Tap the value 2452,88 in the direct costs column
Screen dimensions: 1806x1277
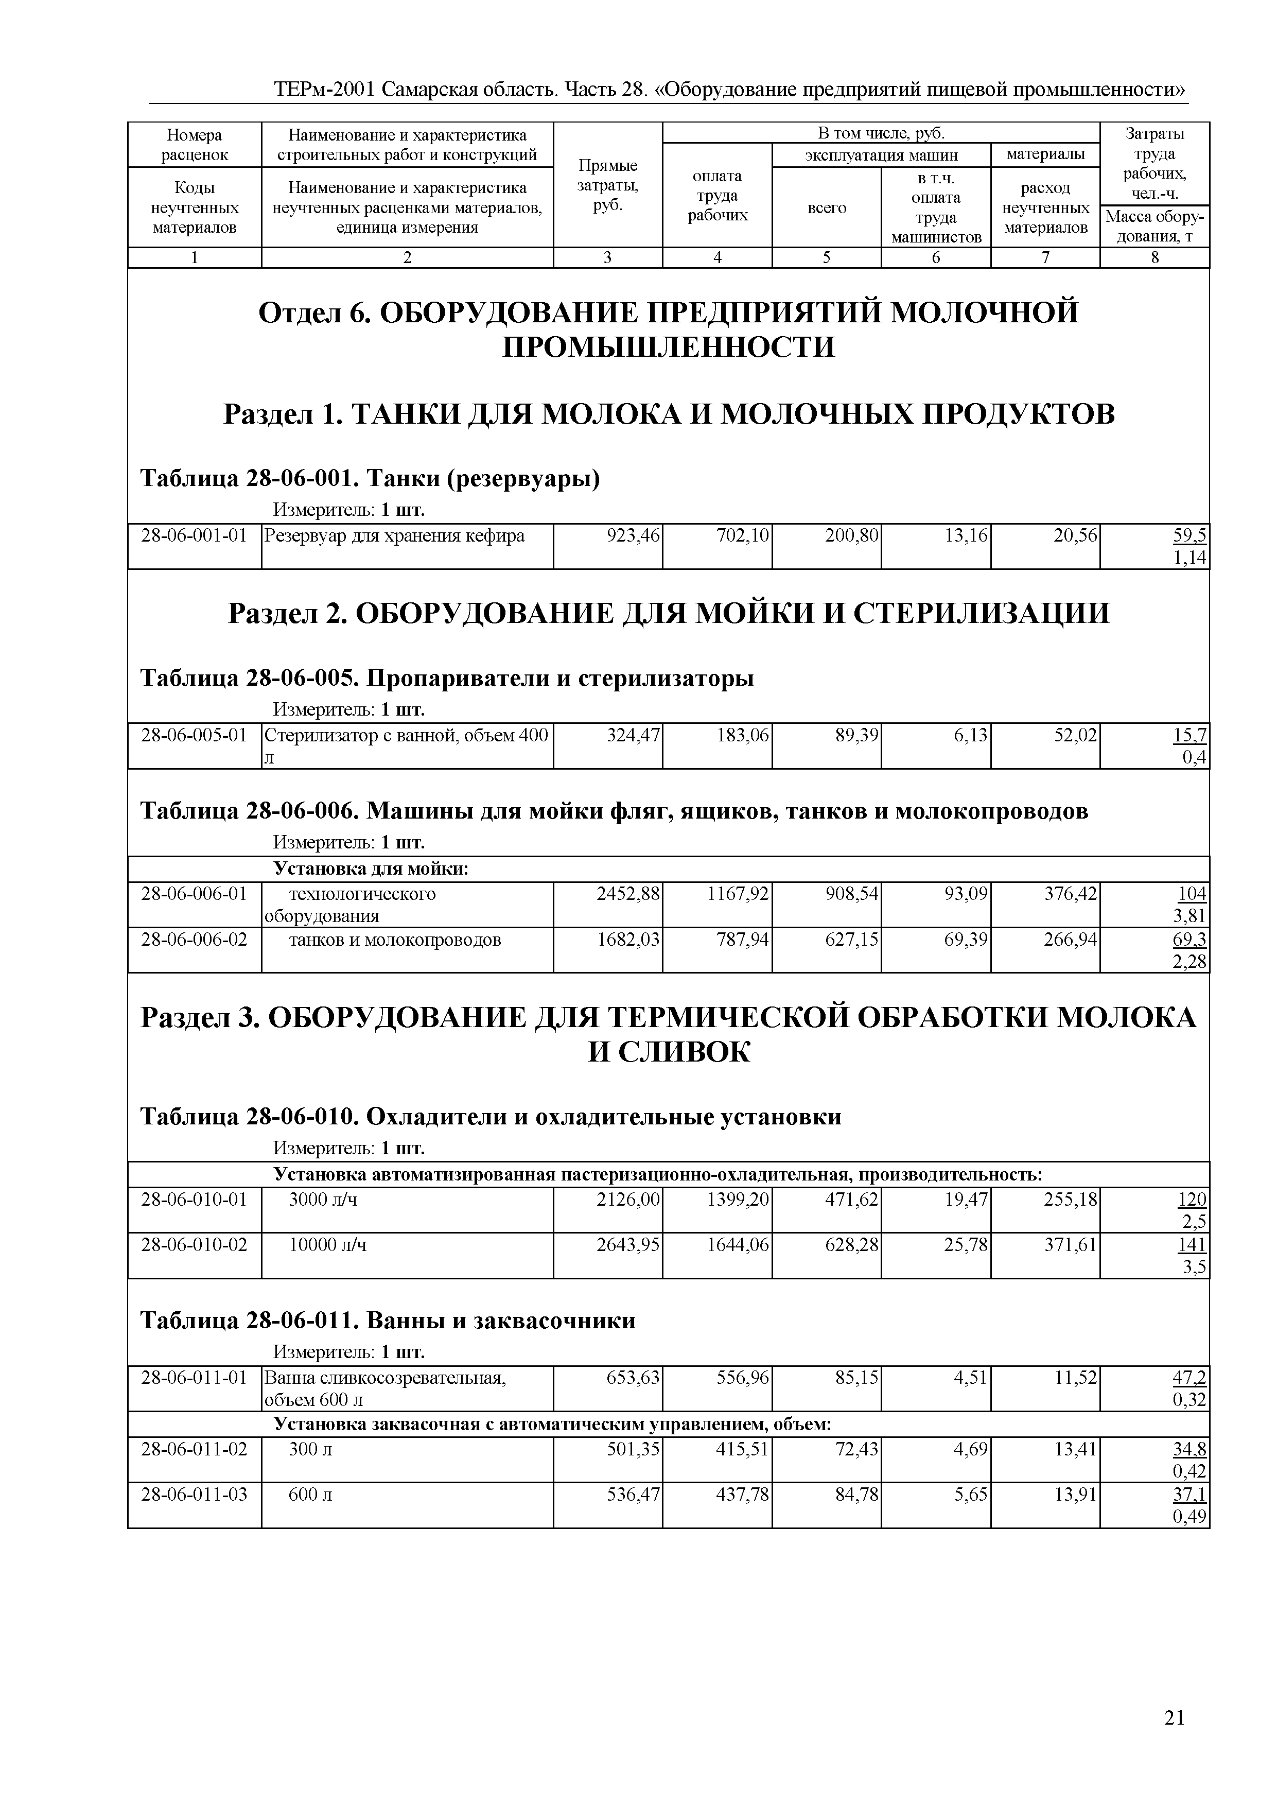pyautogui.click(x=628, y=894)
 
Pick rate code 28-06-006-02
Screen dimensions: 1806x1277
pyautogui.click(x=194, y=939)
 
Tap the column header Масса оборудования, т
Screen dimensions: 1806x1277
pyautogui.click(x=1154, y=227)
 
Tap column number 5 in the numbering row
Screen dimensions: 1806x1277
pyautogui.click(x=827, y=257)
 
